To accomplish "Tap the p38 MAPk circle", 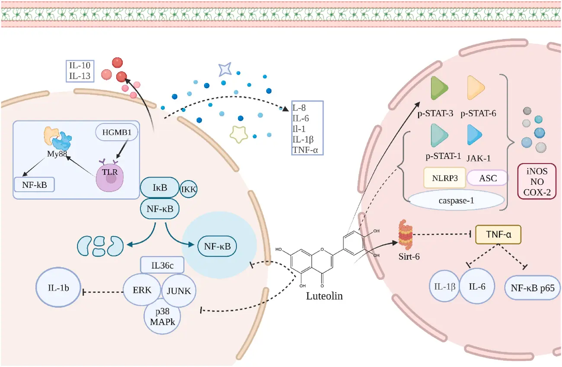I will [x=162, y=317].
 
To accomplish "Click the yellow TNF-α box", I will [x=498, y=235].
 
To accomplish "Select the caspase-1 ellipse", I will [x=457, y=200].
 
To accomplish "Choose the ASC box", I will [x=488, y=177].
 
